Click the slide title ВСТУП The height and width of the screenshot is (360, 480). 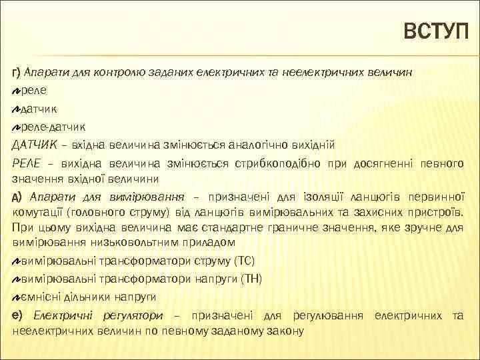click(437, 32)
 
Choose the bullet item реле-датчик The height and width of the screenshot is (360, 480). click(53, 125)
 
